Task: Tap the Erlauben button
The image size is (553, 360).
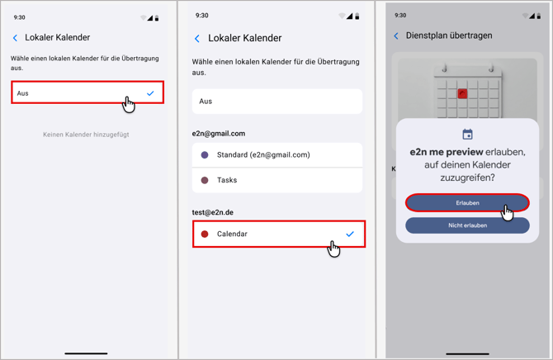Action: coord(467,203)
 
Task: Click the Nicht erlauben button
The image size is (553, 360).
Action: coord(467,225)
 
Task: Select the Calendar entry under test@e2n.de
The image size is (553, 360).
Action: coord(279,234)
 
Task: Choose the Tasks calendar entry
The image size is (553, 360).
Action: coord(277,180)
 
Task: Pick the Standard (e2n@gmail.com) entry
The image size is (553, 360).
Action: coord(277,155)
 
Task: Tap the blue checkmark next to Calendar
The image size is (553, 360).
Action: coord(350,234)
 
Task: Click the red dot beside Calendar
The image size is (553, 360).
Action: coord(205,234)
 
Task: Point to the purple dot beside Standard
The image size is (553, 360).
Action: coord(205,155)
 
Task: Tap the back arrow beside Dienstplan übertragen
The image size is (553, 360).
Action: coord(396,36)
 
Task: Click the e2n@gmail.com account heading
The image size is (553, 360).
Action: coord(219,134)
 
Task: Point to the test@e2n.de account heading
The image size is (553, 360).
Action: coord(213,212)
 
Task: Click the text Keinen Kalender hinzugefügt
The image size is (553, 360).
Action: coord(86,135)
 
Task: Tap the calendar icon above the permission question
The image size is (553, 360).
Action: coord(467,134)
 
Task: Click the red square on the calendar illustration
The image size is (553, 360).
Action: coord(462,93)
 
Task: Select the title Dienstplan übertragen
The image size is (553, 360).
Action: coord(449,36)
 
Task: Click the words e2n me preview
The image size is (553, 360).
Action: coord(447,152)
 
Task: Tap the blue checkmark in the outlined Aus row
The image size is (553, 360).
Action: coord(150,93)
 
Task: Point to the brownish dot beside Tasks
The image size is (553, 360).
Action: coord(205,180)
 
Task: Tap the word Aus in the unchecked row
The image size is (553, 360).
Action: coord(206,102)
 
